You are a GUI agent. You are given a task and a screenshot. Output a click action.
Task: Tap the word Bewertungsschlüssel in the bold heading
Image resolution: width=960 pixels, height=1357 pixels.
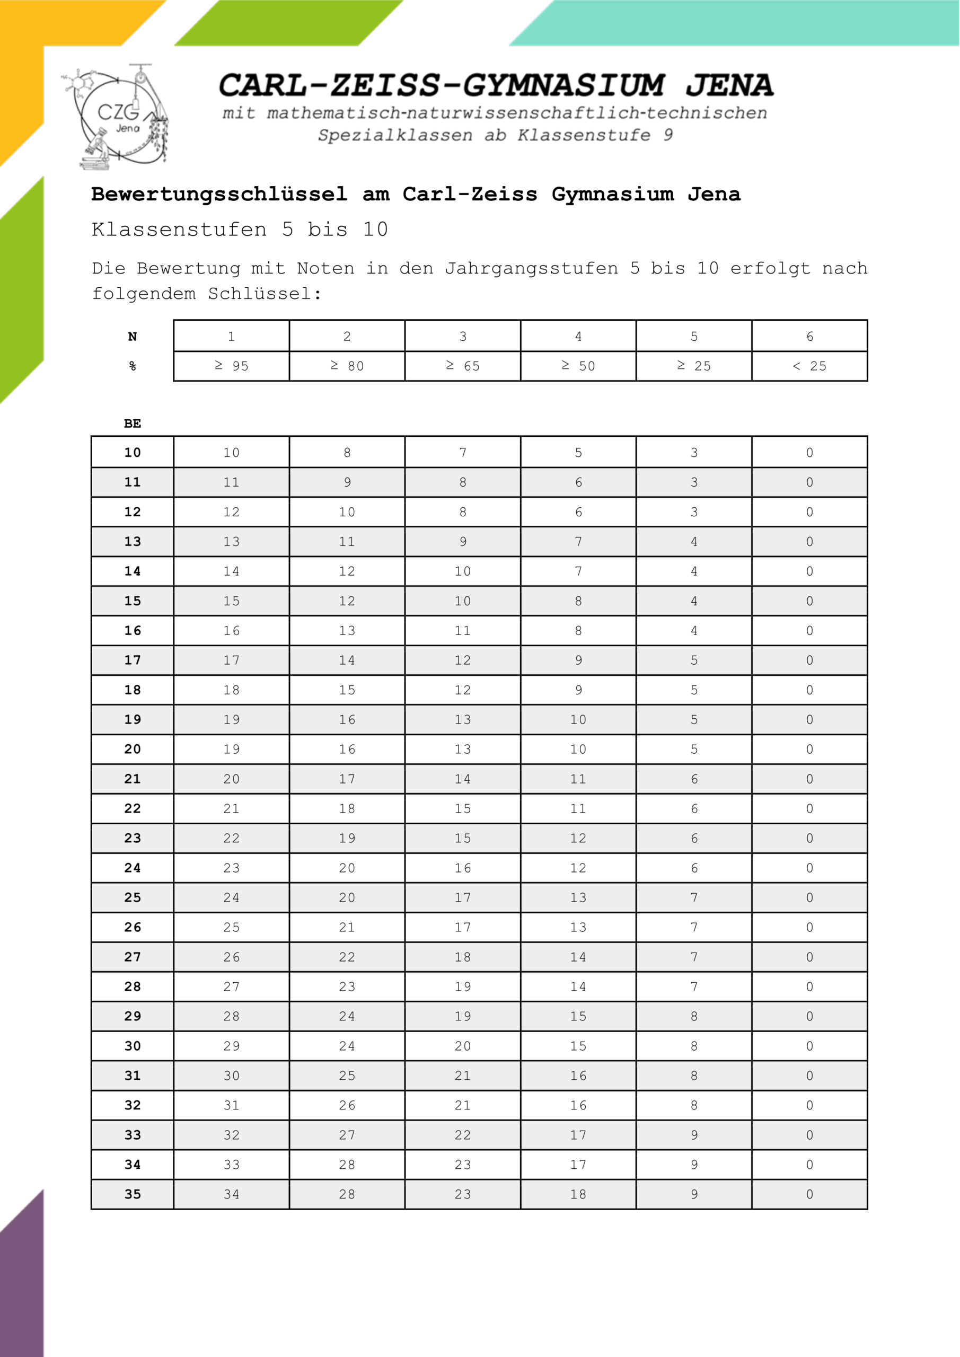pos(219,195)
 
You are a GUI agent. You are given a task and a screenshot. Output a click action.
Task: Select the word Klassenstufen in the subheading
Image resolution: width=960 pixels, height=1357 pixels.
pos(179,230)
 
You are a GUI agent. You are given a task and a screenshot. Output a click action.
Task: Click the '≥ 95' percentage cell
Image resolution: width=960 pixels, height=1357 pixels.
pos(231,366)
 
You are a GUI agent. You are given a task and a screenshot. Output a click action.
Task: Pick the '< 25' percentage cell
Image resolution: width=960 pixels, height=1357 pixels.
pos(809,366)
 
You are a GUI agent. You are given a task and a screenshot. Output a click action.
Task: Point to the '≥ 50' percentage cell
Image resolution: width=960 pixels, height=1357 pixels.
pos(578,366)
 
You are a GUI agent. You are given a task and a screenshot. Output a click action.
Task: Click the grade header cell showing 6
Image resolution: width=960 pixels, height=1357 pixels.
pos(809,336)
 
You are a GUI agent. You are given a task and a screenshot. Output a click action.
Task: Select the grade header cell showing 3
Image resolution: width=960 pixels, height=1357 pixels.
pos(463,336)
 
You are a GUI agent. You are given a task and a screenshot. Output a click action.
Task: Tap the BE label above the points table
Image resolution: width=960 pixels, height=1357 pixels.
pos(133,423)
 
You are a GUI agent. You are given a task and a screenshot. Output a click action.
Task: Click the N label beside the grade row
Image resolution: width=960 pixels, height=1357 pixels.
pos(133,336)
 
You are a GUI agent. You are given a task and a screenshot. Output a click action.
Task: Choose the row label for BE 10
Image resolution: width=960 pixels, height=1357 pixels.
pos(133,453)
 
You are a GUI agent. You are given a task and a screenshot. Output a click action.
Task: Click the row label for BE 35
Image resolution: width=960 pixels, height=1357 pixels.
pos(133,1194)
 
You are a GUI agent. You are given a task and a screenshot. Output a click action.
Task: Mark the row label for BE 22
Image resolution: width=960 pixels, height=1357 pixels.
pos(133,808)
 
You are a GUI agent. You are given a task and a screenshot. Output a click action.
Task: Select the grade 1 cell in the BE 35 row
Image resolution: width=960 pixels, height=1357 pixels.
pos(231,1194)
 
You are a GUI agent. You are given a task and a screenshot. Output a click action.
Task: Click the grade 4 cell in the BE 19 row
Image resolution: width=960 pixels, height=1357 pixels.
pos(578,719)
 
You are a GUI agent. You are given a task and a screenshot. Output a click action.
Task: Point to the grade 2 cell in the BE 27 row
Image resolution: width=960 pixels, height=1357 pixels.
pos(347,957)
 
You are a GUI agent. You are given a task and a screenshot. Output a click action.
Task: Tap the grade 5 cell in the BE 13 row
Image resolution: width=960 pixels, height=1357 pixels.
pos(694,541)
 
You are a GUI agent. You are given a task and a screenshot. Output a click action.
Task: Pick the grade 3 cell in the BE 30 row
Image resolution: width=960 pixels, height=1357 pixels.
pos(463,1045)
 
